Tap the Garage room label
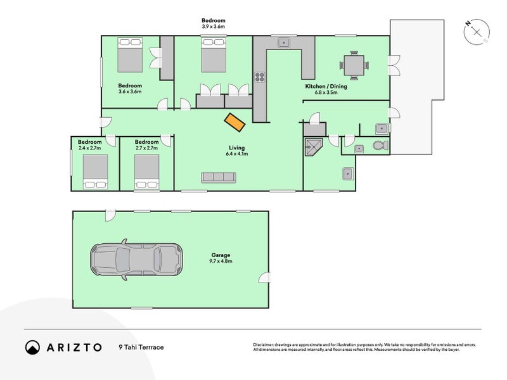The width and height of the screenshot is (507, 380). [x=221, y=255]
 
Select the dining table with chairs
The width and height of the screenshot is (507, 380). [x=352, y=65]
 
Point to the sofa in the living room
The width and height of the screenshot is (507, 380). [x=219, y=177]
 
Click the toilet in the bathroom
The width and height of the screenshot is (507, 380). [x=379, y=147]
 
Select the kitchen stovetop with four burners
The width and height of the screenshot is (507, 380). [x=259, y=77]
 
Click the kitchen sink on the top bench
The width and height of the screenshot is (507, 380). [x=283, y=43]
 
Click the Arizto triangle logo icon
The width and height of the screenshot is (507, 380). [x=33, y=346]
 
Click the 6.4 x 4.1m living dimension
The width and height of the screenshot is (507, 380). [x=238, y=154]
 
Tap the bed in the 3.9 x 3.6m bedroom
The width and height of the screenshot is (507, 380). [x=213, y=54]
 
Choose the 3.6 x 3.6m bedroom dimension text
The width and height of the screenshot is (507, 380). [x=129, y=92]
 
